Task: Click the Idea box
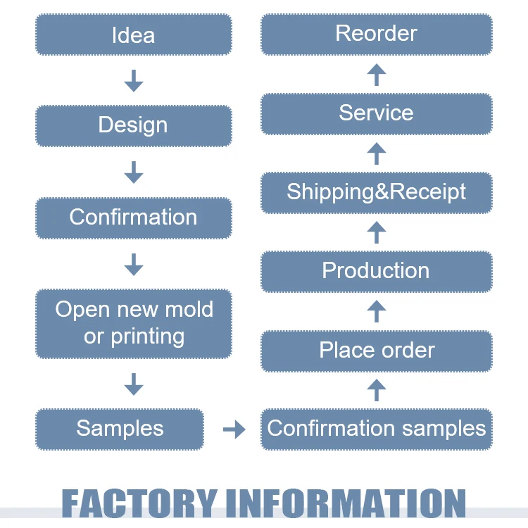(133, 34)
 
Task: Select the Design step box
(133, 125)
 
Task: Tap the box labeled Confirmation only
(133, 217)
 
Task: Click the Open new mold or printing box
(133, 322)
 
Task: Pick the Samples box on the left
(120, 428)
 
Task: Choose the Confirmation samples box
(376, 428)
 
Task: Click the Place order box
(376, 350)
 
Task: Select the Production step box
(376, 271)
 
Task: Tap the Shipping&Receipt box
(376, 192)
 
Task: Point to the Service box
(376, 113)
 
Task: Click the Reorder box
(376, 34)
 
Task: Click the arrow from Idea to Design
(133, 80)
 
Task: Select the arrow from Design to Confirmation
(133, 172)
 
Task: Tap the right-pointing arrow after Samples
(234, 429)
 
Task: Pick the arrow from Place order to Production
(377, 310)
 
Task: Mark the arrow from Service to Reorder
(377, 74)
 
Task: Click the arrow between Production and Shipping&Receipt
(377, 232)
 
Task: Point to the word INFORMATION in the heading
(345, 504)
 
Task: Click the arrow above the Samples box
(133, 384)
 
